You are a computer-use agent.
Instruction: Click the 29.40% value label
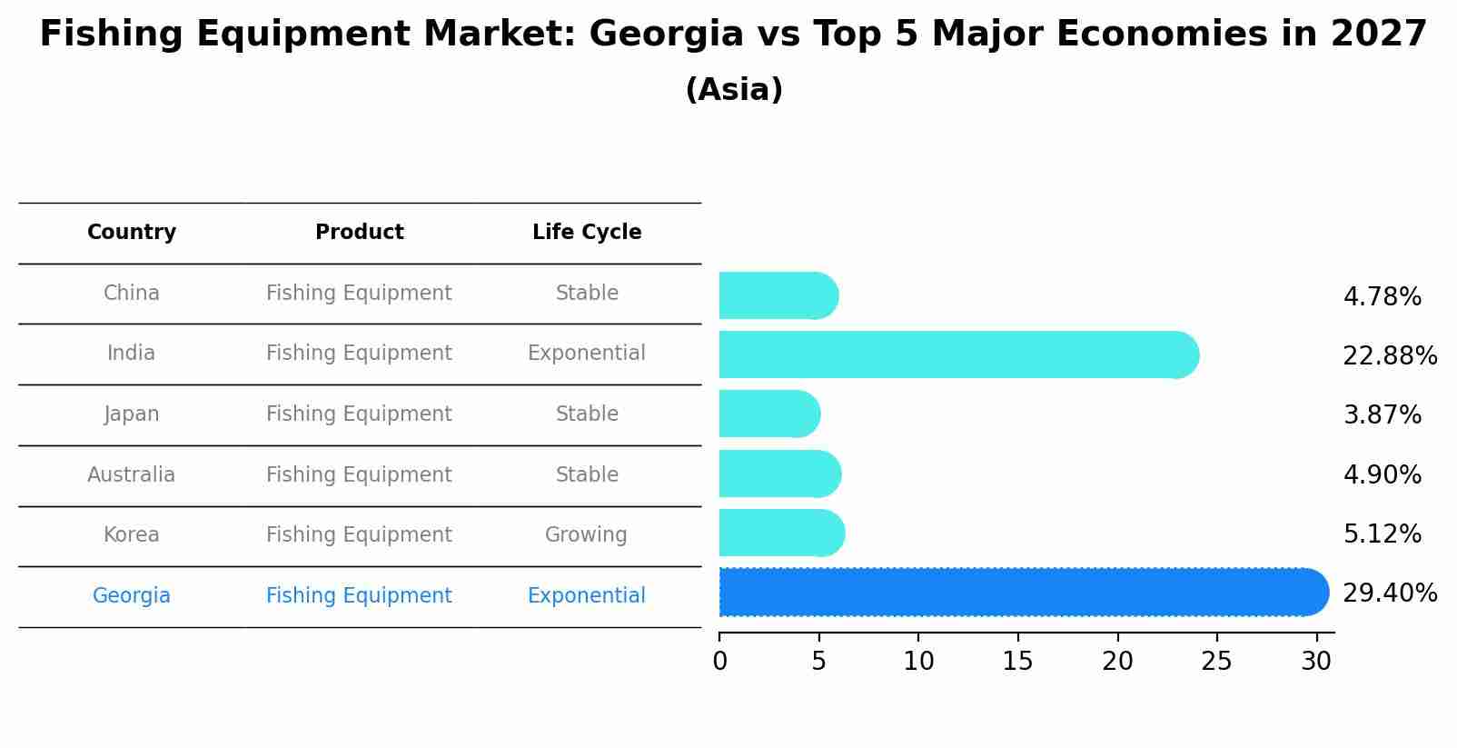pos(1389,593)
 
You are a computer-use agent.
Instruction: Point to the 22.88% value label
pos(1389,356)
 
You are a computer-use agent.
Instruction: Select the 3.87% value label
pos(1382,415)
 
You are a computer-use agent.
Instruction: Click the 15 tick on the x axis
pos(1017,662)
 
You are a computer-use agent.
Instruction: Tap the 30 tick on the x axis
pos(1315,662)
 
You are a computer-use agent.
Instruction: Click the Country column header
pos(132,233)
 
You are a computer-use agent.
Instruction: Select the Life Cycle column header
pos(587,233)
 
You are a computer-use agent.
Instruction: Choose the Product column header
pos(359,233)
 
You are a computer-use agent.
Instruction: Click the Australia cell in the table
pos(132,474)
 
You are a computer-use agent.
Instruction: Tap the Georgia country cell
pos(132,595)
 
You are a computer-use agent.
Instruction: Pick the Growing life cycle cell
pos(586,534)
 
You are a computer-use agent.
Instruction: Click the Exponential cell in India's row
pos(586,353)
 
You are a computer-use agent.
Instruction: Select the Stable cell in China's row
pos(587,293)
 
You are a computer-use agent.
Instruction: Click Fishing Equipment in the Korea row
pos(359,534)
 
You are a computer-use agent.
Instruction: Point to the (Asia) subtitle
pos(734,90)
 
